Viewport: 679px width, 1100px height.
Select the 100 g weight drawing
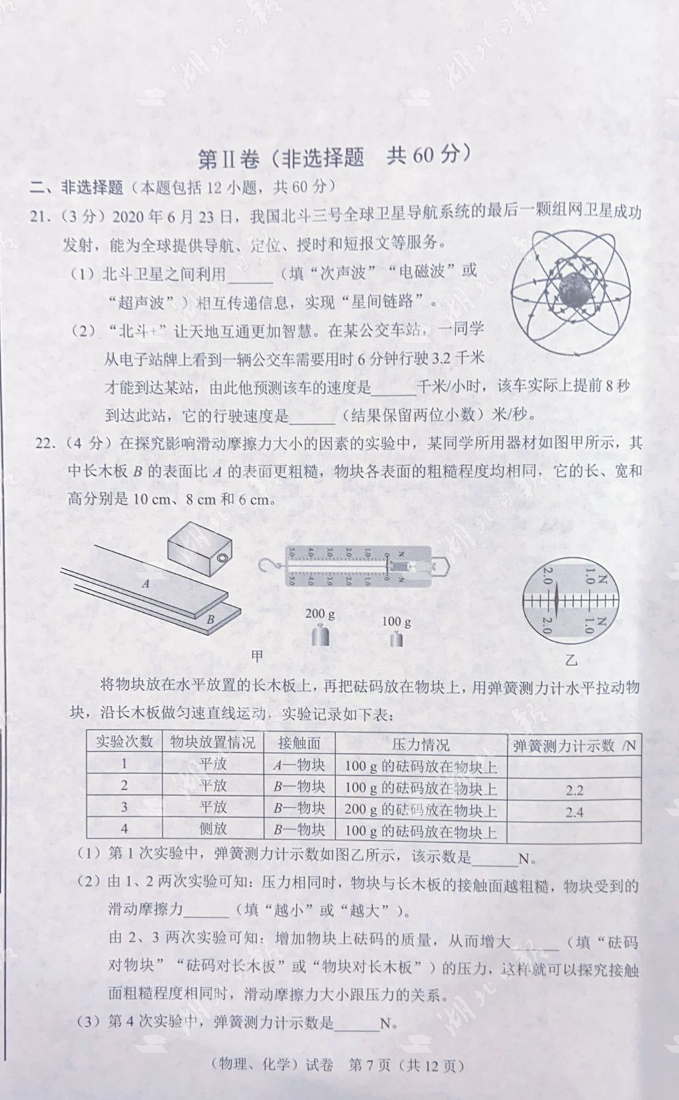(397, 639)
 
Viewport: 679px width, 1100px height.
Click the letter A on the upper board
(146, 584)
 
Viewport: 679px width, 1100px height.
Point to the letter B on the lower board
(210, 620)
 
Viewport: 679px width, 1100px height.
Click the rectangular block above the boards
(198, 549)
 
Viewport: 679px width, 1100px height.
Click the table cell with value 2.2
(574, 790)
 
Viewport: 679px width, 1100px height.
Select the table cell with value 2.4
(574, 811)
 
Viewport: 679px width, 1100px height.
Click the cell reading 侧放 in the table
(213, 829)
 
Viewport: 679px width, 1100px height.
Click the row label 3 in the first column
(124, 807)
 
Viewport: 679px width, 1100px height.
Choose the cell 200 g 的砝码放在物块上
(421, 810)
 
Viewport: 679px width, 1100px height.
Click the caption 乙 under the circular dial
(572, 661)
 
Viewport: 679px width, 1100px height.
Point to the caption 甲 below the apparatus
(258, 655)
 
